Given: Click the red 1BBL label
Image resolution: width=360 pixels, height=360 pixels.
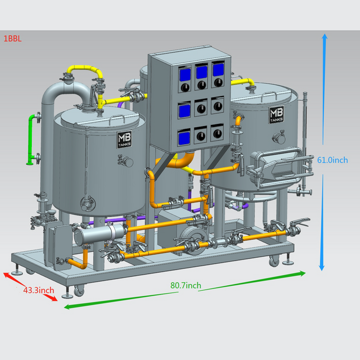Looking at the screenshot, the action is coord(13,39).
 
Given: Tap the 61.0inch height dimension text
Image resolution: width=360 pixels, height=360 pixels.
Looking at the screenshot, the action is coord(333,160).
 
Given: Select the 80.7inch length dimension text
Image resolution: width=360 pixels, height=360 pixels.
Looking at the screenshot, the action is coord(186,285).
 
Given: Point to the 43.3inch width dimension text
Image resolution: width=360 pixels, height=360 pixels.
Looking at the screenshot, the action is coord(39,290).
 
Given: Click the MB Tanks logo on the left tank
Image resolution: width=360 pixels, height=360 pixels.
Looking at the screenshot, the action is coord(124,140).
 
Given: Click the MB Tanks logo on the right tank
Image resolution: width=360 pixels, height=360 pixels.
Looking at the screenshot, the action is coord(276,114).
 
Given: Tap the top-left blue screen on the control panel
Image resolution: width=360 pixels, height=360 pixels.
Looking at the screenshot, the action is coord(185,75).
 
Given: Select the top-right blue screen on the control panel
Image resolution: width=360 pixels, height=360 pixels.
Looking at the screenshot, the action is coord(218,70).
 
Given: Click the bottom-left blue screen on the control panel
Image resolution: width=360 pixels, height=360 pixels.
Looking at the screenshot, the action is coord(184,138).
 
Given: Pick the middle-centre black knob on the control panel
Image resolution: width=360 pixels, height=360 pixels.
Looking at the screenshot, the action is coord(201,109).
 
